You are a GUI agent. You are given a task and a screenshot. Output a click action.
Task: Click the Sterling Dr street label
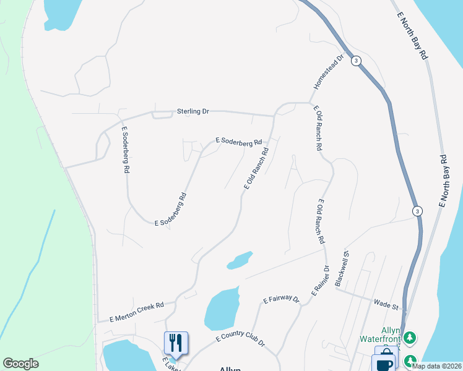(193, 111)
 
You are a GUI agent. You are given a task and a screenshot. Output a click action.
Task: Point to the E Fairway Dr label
(280, 300)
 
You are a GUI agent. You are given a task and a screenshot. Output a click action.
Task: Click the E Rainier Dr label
(319, 281)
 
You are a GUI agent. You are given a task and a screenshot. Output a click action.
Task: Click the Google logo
(20, 364)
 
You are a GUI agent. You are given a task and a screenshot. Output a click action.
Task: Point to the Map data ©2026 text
(436, 366)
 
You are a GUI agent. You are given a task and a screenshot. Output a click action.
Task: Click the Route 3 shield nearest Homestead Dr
(356, 61)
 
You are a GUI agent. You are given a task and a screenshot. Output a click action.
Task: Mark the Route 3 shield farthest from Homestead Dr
(418, 210)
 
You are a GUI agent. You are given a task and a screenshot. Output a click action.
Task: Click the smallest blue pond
(240, 260)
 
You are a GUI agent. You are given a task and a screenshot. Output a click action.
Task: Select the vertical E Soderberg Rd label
(125, 150)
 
